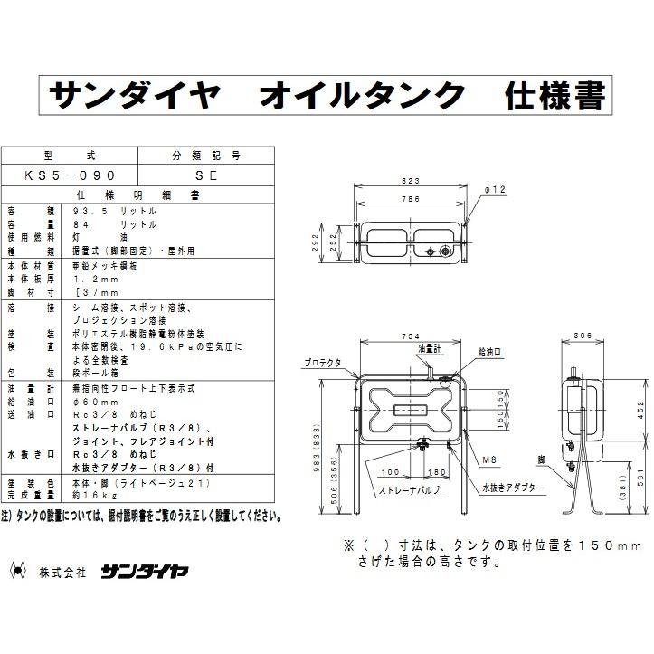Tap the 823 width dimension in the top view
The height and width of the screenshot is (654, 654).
414,180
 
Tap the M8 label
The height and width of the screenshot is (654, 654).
489,460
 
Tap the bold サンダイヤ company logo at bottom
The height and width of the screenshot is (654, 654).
132,571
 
